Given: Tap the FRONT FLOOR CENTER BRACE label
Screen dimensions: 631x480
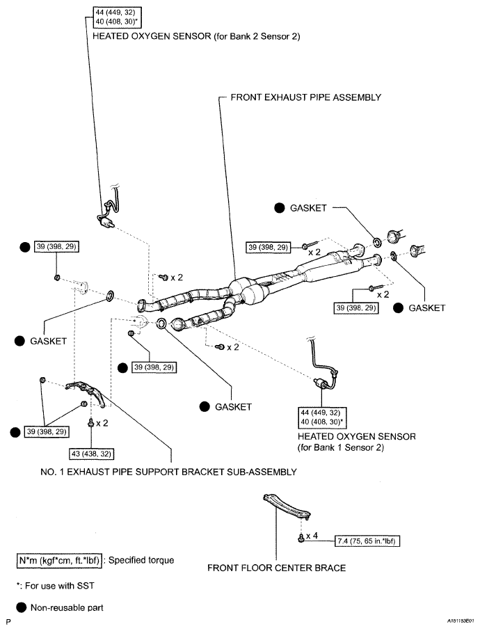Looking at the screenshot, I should point(276,568).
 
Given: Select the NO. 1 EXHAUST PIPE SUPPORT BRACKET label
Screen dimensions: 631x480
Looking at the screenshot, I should point(168,472).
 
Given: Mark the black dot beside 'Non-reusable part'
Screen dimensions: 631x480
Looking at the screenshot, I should point(21,607).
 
